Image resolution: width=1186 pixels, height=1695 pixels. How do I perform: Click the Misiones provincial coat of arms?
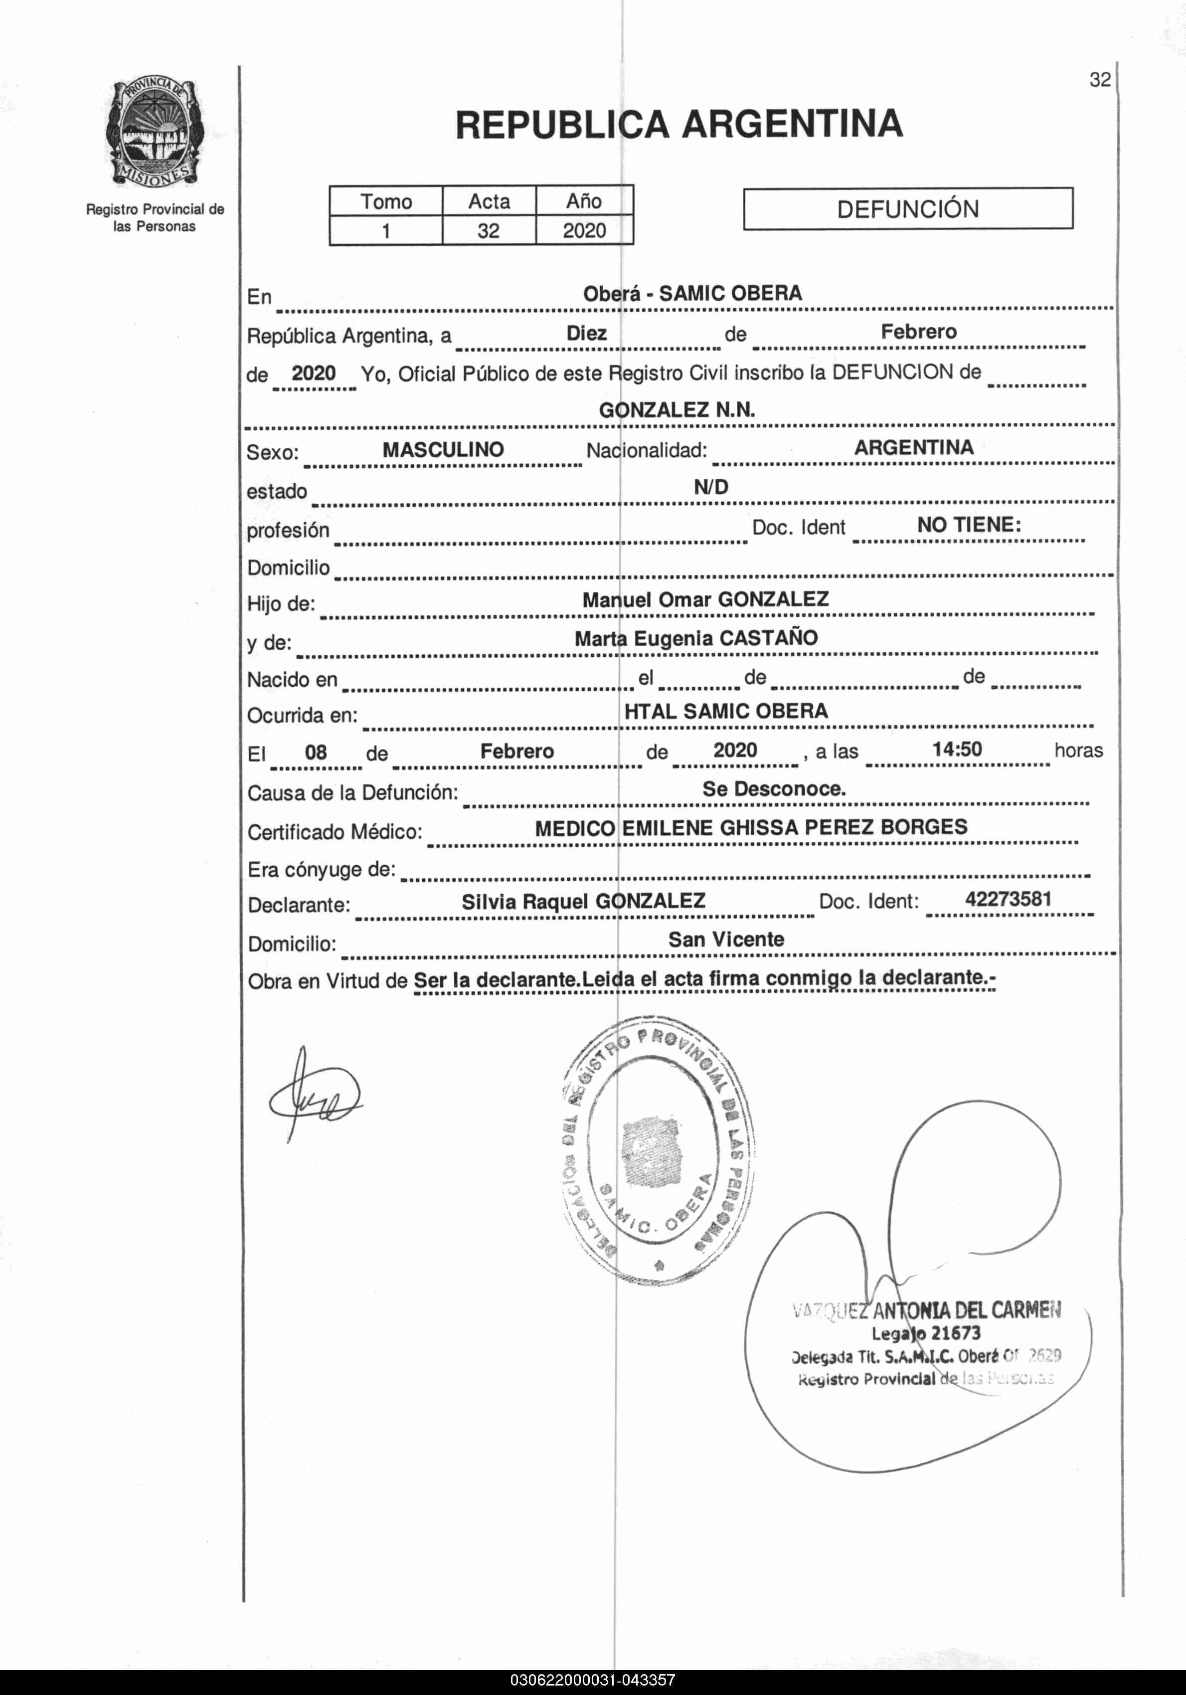click(x=154, y=133)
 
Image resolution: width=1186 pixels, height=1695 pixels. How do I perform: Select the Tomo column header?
click(x=385, y=201)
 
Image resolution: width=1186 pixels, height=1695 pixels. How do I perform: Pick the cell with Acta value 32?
click(x=488, y=231)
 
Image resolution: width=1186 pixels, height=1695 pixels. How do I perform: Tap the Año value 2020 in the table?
click(x=584, y=231)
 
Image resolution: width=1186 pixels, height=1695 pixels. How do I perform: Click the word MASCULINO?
click(x=443, y=450)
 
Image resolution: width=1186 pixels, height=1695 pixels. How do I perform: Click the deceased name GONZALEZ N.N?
click(x=677, y=410)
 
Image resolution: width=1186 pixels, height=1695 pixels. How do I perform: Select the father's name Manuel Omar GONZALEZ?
click(x=705, y=599)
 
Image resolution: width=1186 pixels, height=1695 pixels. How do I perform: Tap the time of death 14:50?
click(x=957, y=750)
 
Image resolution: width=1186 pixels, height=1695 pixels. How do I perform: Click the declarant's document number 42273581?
click(x=1008, y=899)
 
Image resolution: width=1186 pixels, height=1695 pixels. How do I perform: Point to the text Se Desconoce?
click(x=773, y=789)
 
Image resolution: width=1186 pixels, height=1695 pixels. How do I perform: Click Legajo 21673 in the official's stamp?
click(x=925, y=1333)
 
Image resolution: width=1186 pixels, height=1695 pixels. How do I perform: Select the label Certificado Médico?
click(x=335, y=832)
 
